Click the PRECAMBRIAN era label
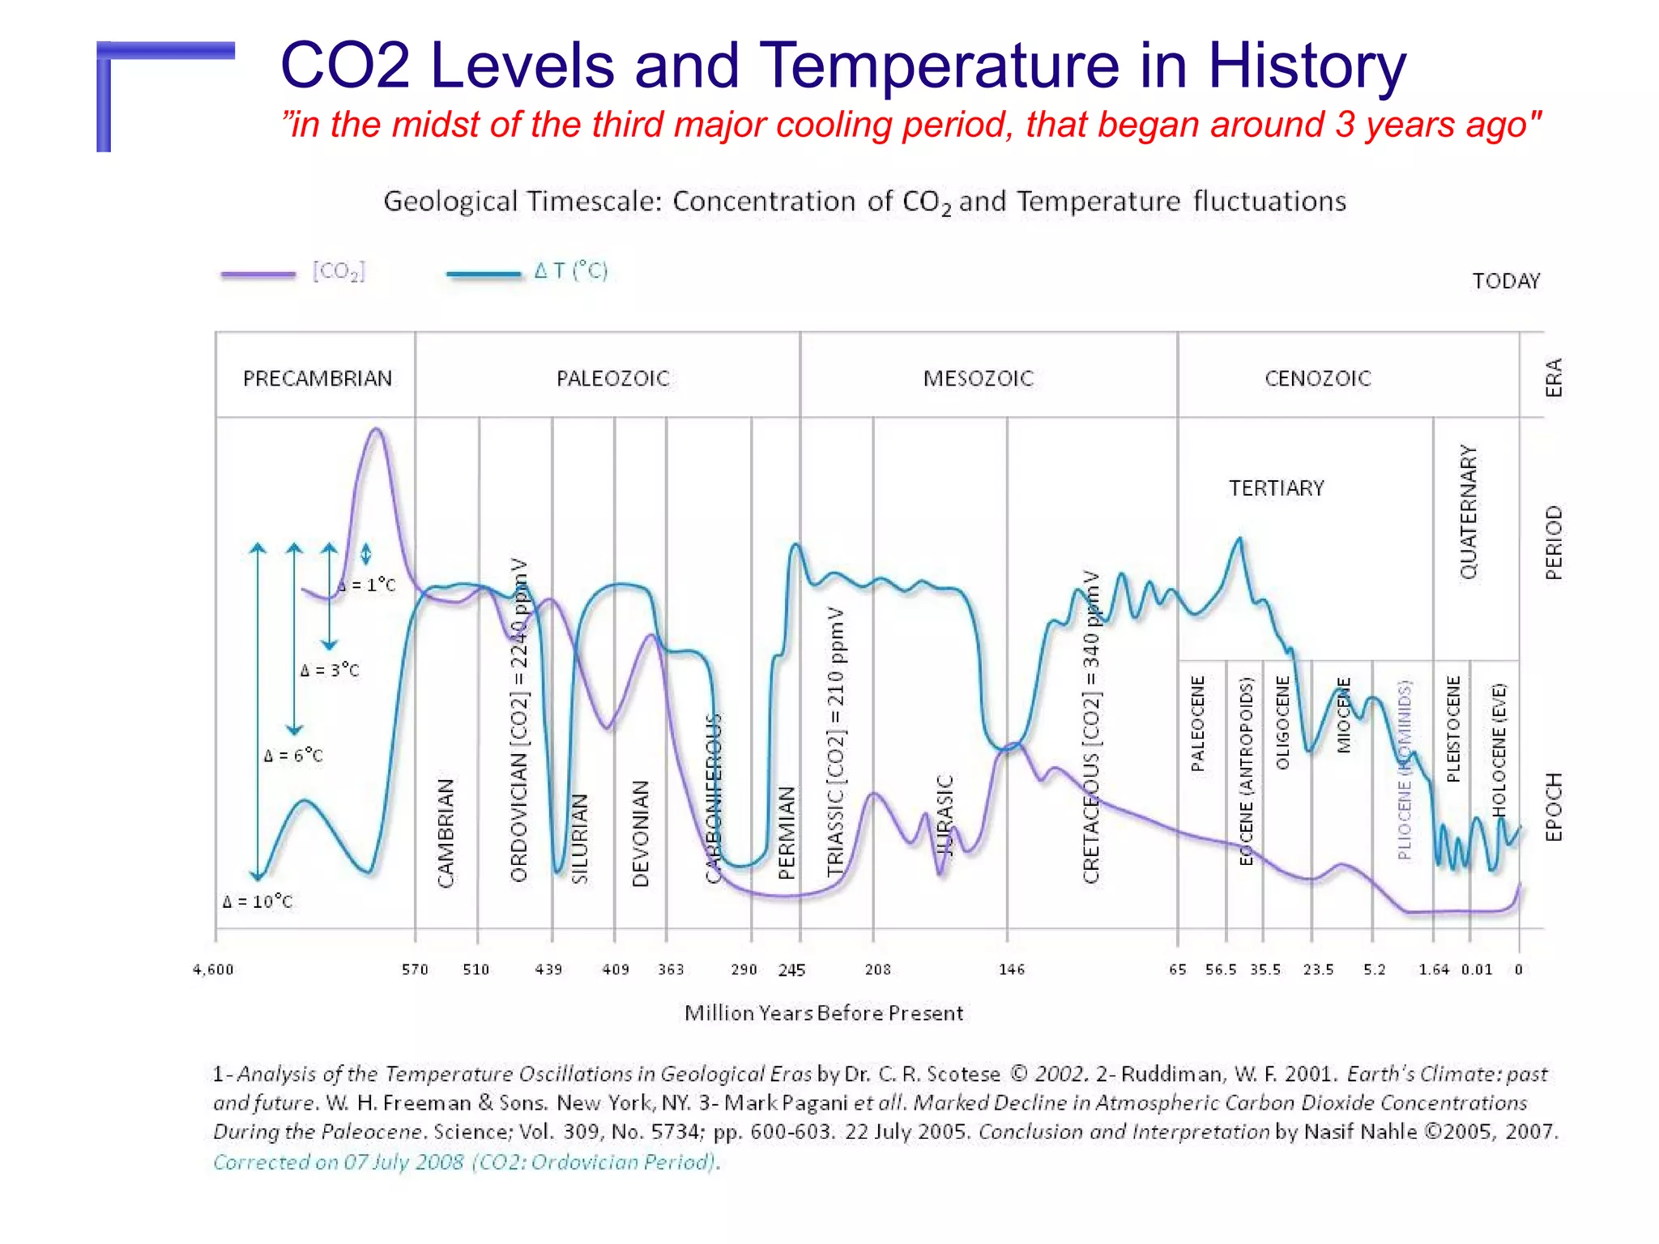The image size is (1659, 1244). point(317,378)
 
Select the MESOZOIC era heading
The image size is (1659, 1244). point(978,378)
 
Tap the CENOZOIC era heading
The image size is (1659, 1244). point(1317,378)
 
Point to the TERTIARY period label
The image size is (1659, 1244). point(1276,488)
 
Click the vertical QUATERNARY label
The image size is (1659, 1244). point(1469,512)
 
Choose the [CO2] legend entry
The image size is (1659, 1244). point(339,271)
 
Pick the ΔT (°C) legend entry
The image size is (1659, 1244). point(570,271)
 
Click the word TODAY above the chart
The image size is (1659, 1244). point(1505,281)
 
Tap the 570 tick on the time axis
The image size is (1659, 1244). point(415,969)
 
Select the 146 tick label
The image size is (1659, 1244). point(1011,969)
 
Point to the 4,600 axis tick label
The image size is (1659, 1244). point(213,969)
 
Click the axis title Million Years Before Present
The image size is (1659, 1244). point(823,1013)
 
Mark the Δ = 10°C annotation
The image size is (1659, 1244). point(258,901)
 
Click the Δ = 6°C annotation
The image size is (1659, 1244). point(293,756)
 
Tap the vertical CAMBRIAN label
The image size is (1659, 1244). point(446,833)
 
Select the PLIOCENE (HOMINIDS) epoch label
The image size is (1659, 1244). point(1405,769)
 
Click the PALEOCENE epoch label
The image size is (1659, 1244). point(1197,723)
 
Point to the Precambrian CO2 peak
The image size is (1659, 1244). point(376,431)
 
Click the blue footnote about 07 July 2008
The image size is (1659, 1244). point(467,1162)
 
